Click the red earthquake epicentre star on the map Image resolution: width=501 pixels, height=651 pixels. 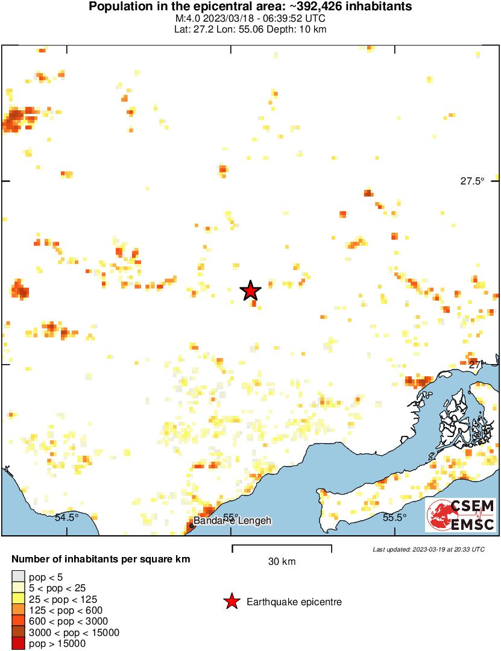click(x=251, y=291)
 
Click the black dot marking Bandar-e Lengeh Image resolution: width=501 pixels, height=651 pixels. click(x=192, y=526)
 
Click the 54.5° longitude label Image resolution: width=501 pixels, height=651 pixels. click(x=67, y=517)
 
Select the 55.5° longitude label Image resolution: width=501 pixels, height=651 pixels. click(x=395, y=517)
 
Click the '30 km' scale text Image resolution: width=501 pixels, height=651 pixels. click(x=282, y=562)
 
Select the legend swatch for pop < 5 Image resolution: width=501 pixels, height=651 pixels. click(x=19, y=577)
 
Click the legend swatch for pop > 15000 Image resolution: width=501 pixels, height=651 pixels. click(x=19, y=643)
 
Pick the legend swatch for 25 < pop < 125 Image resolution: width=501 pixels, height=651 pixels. click(x=19, y=599)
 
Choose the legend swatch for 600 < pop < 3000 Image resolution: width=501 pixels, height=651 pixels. click(x=19, y=621)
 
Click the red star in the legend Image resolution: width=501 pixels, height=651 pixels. click(x=231, y=602)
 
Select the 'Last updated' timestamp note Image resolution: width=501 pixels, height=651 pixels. click(x=428, y=549)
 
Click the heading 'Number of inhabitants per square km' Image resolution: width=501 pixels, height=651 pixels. click(x=101, y=559)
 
